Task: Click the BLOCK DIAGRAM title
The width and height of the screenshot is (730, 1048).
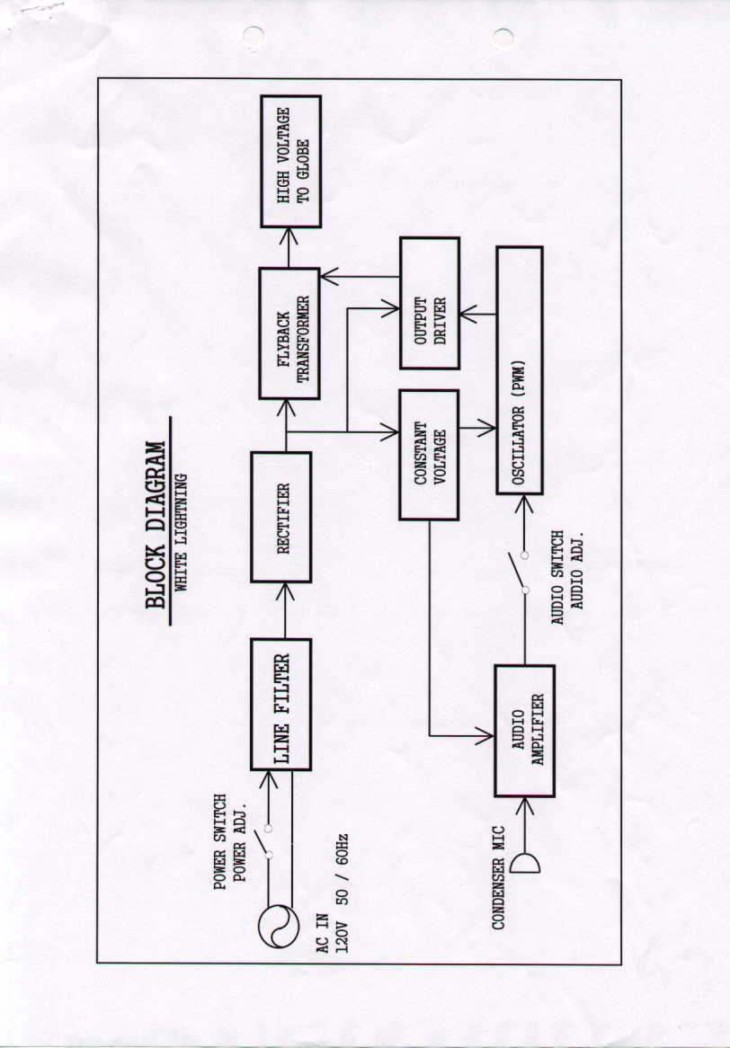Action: pos(156,523)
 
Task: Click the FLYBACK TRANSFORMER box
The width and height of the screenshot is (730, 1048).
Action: pos(289,333)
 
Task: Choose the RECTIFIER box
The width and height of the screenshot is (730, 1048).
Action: pos(282,517)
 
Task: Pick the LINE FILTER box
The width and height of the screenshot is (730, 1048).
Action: pos(281,705)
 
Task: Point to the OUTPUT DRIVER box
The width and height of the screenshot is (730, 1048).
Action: pos(430,303)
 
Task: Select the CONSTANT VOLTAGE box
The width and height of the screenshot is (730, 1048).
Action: pos(429,455)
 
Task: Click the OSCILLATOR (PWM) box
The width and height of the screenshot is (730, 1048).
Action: pos(520,370)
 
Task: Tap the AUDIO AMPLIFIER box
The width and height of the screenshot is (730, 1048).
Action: pos(525,731)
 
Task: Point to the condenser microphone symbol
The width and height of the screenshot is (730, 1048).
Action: pos(526,864)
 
